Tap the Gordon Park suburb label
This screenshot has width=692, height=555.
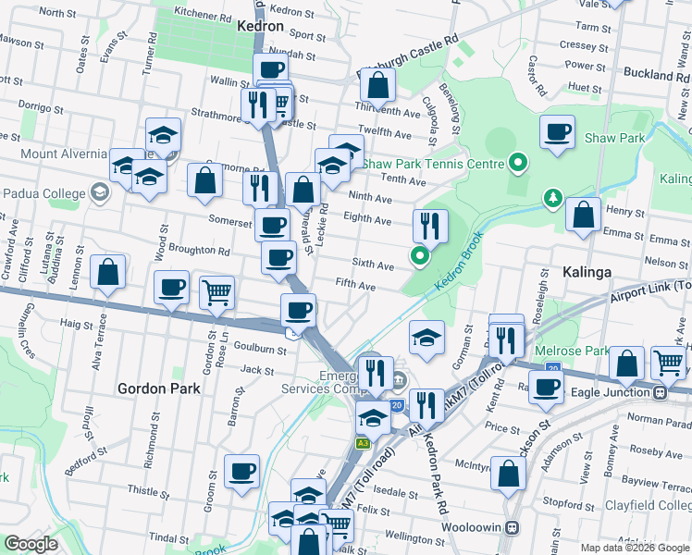[x=159, y=389]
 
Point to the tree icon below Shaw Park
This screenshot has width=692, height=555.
[x=552, y=197]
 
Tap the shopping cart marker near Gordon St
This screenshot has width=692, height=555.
[x=216, y=291]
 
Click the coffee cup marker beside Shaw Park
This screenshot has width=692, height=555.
[x=557, y=132]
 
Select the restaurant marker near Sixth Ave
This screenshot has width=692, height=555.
[x=430, y=224]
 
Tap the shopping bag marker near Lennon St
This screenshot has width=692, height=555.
[x=108, y=272]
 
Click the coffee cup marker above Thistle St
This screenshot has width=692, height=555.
[x=242, y=471]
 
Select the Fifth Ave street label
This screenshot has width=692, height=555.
[x=355, y=287]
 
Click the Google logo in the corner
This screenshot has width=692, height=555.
[x=31, y=544]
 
